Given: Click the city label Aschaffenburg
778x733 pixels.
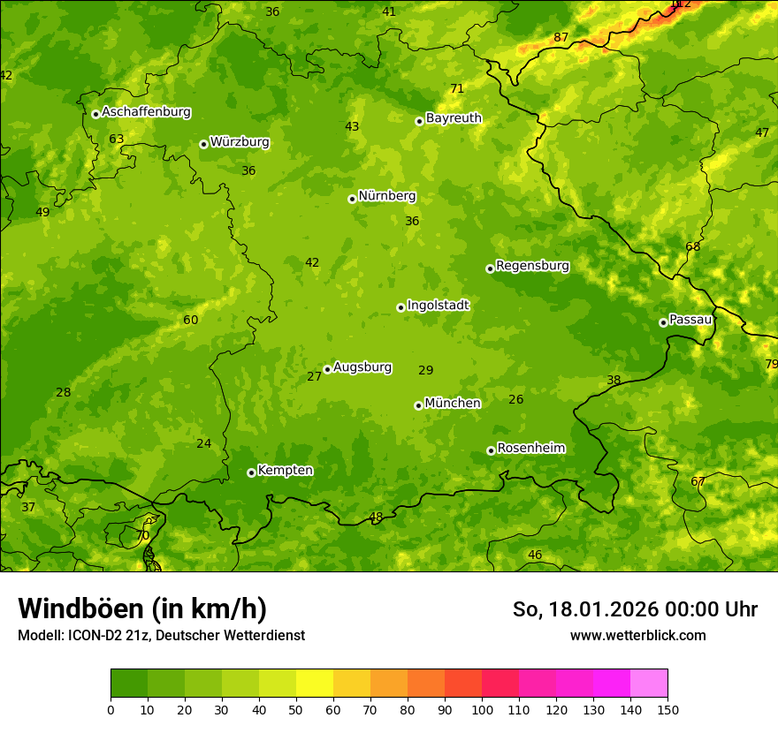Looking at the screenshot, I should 146,112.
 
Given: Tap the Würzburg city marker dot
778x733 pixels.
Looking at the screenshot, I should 203,144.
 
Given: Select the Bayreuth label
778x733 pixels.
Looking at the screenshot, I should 454,118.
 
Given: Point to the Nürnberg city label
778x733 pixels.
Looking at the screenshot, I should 386,196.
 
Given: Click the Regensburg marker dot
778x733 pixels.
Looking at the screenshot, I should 490,268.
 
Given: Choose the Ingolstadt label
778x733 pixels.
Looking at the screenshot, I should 438,306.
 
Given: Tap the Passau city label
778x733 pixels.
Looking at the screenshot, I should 690,320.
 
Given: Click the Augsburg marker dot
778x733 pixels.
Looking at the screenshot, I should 327,370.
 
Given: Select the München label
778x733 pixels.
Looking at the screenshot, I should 453,404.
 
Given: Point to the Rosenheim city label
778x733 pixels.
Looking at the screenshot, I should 530,449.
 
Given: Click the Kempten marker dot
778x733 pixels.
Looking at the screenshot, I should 251,472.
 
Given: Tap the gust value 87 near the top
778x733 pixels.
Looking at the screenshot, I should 561,37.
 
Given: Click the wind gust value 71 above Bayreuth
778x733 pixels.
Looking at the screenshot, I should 457,88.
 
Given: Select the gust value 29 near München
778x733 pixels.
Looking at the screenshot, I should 426,370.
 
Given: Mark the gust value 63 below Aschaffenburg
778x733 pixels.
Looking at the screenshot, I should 117,139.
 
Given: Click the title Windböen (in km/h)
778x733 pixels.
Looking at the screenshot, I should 142,608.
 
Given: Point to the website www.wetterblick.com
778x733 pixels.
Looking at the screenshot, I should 637,635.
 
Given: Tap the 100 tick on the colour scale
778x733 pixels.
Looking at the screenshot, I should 482,709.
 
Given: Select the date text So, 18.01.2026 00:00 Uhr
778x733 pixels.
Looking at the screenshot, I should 635,609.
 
